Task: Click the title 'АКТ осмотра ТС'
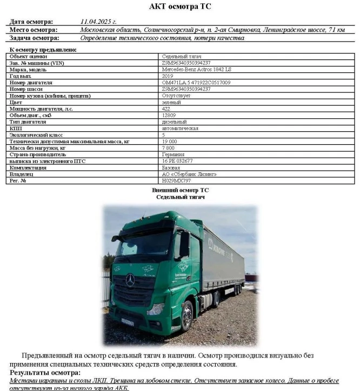pyautogui.click(x=180, y=7)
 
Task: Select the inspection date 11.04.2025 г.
pyautogui.click(x=98, y=22)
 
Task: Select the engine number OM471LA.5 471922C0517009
pyautogui.click(x=196, y=83)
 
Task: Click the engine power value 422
pyautogui.click(x=165, y=109)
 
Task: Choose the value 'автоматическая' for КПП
pyautogui.click(x=180, y=129)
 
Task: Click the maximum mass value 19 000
pyautogui.click(x=169, y=141)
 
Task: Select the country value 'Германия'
pyautogui.click(x=172, y=154)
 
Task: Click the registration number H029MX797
pyautogui.click(x=176, y=180)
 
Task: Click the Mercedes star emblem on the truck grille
pyautogui.click(x=130, y=280)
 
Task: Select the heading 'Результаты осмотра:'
pyautogui.click(x=45, y=373)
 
